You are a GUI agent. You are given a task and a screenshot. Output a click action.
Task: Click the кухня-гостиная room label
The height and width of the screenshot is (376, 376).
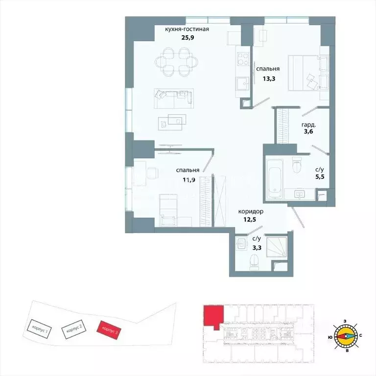[x=187, y=29]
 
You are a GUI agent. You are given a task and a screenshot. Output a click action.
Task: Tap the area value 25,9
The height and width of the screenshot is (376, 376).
[x=187, y=37]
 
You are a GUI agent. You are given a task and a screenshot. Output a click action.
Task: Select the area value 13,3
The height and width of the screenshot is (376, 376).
[x=269, y=79]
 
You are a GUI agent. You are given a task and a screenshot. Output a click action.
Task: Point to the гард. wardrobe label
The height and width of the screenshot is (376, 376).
[x=308, y=125]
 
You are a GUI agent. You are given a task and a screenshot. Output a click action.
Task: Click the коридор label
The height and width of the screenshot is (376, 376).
[x=251, y=211]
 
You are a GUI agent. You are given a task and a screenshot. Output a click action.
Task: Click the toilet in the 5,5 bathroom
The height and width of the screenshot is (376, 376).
[x=297, y=164]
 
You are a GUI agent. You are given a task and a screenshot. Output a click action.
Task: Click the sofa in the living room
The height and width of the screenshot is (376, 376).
[x=174, y=98]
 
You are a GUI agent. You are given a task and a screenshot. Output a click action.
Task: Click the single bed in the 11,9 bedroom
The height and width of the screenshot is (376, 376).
[x=168, y=210]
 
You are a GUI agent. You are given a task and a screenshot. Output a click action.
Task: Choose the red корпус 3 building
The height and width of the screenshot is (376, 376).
[x=109, y=330]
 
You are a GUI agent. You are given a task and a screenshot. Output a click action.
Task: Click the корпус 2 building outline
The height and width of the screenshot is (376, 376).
[x=74, y=329]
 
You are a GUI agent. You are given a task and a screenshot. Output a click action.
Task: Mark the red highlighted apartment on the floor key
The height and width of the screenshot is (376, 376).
[x=213, y=316]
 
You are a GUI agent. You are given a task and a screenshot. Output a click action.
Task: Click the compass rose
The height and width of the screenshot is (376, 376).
[x=346, y=336]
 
